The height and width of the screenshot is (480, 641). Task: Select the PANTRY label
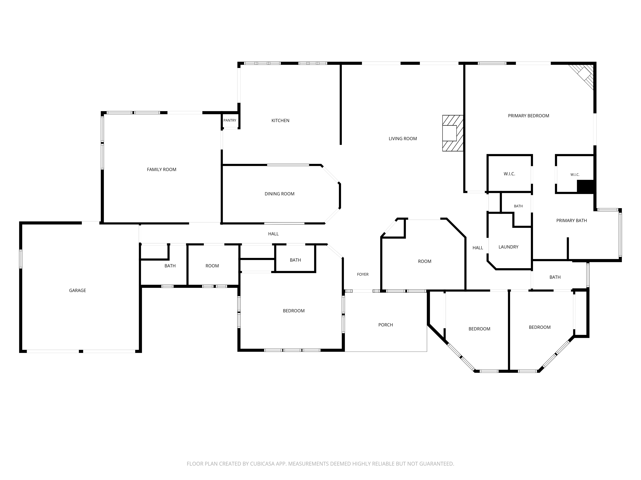[230, 120]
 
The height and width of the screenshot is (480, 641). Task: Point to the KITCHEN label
[280, 121]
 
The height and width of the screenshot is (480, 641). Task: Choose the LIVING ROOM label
[403, 139]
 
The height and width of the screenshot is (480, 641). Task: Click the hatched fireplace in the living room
[453, 133]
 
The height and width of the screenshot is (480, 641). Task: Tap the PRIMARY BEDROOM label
[529, 116]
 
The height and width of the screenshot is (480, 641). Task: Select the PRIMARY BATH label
[571, 220]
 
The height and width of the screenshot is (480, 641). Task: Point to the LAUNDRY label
[508, 247]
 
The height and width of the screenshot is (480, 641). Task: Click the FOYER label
[363, 274]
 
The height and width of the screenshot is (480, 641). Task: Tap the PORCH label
[386, 325]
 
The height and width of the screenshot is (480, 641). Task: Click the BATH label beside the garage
[170, 266]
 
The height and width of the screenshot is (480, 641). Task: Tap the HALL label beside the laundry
[478, 248]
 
